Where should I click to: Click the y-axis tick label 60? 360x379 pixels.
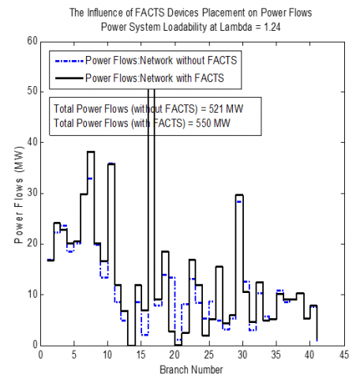[32, 41]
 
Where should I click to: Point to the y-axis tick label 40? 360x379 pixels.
[32, 142]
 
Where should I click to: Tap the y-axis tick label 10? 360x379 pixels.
[32, 295]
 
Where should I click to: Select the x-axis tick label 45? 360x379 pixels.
[343, 355]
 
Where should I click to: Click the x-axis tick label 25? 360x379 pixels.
[209, 355]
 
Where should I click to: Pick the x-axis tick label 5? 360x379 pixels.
[74, 355]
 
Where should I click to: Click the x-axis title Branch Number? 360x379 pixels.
[191, 370]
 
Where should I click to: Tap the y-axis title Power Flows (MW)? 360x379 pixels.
[19, 195]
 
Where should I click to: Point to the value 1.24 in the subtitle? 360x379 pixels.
[272, 27]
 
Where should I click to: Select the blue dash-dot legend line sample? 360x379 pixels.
[69, 61]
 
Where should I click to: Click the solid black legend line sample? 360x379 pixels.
[69, 78]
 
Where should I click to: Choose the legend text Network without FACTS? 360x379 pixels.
[189, 61]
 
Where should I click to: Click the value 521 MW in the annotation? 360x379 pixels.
[226, 109]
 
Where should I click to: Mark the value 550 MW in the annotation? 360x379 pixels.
[213, 123]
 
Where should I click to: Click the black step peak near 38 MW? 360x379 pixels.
[91, 152]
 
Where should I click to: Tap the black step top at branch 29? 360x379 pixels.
[239, 195]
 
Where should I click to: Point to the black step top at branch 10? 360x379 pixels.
[111, 163]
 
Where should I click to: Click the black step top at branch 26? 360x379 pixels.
[219, 267]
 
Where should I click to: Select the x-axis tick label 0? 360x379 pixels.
[41, 355]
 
